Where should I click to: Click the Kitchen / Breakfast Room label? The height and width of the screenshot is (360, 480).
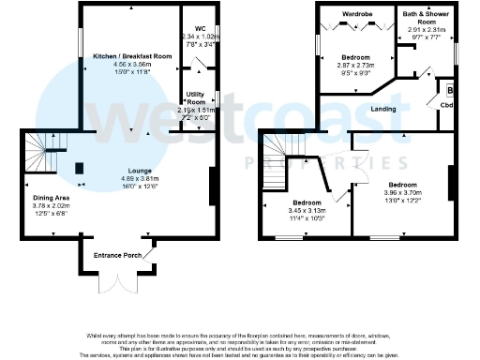130,56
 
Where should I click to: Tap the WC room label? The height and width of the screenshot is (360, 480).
200,28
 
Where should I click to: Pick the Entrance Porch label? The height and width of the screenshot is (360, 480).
117,254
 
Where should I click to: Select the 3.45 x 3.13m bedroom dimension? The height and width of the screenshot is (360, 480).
307,211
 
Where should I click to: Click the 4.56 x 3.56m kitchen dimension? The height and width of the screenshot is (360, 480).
130,65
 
